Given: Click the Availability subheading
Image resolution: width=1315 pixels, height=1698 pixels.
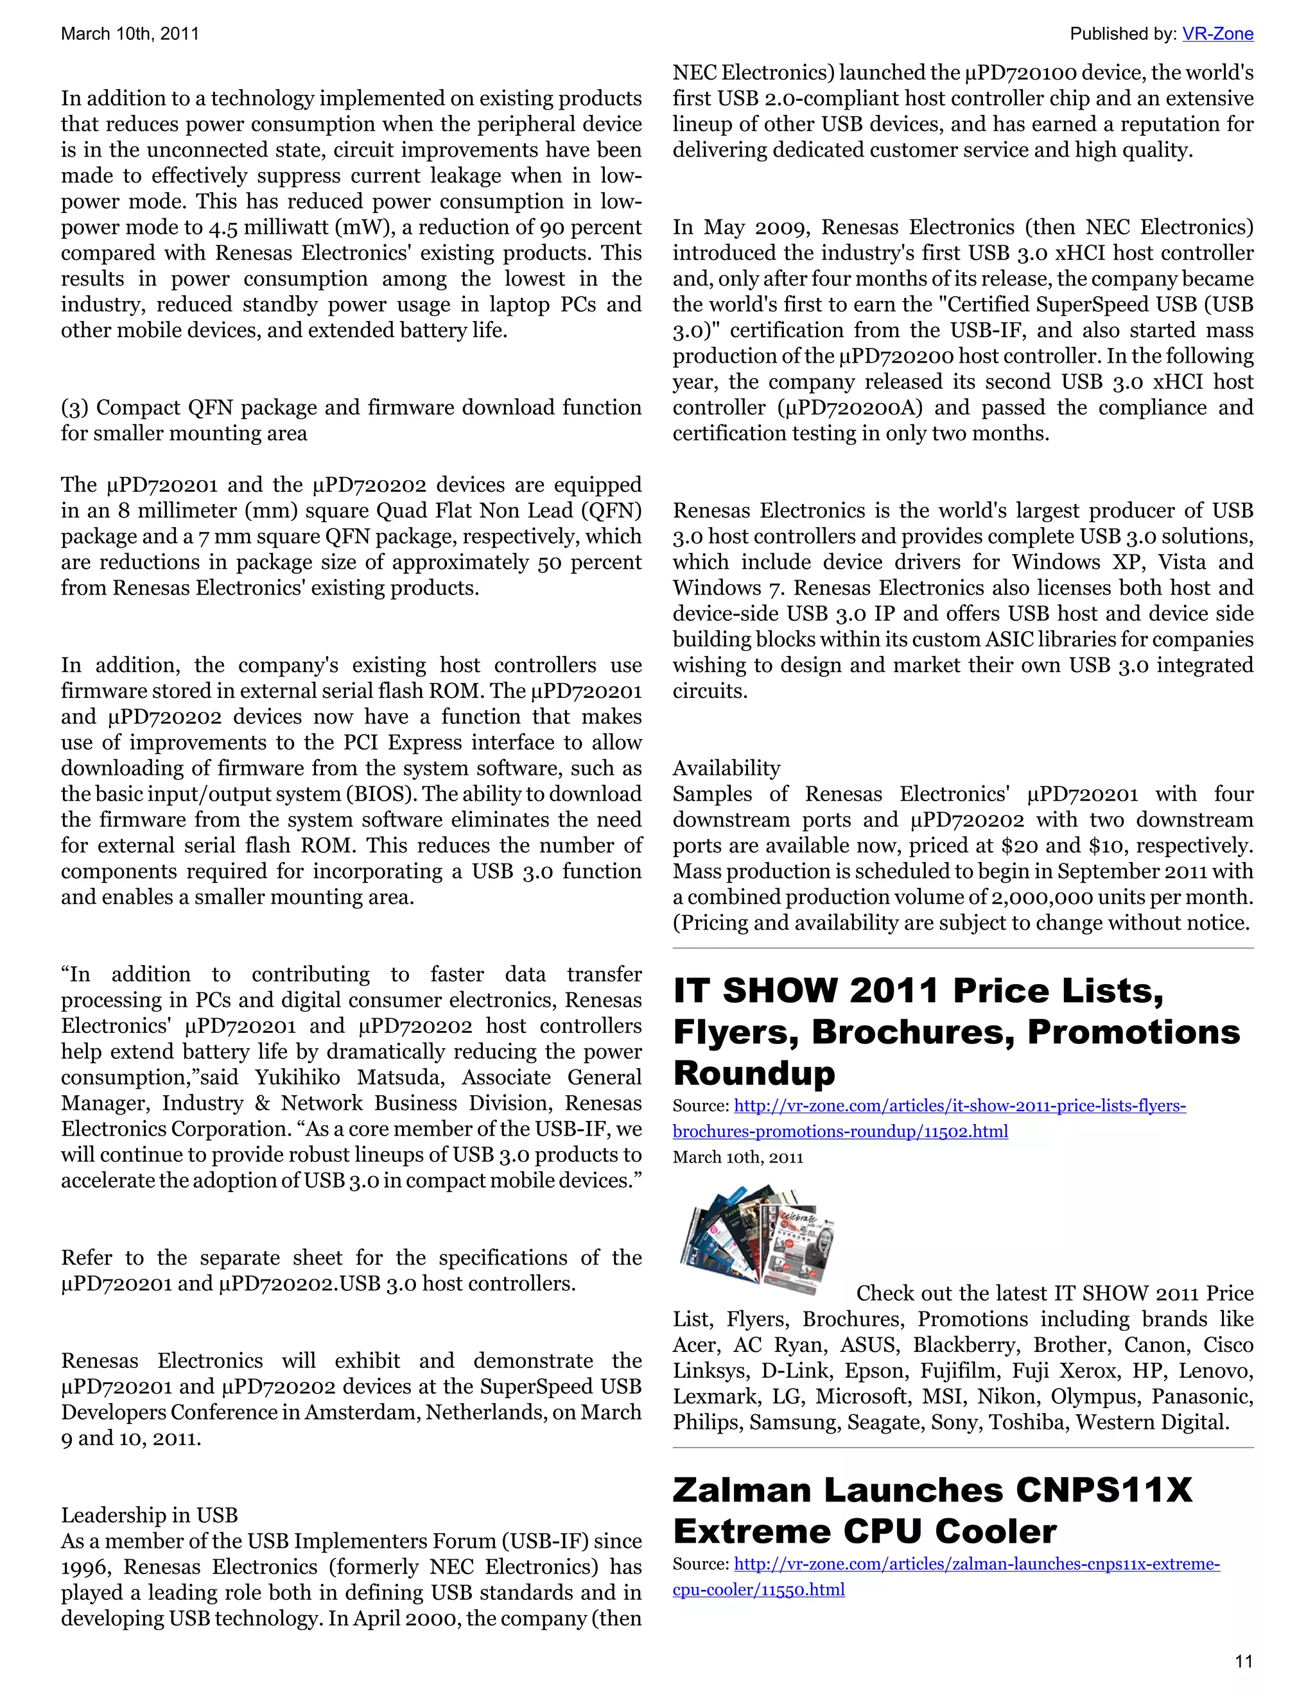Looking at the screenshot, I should (726, 768).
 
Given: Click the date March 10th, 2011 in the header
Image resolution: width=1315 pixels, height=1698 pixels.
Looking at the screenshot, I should (130, 33).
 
